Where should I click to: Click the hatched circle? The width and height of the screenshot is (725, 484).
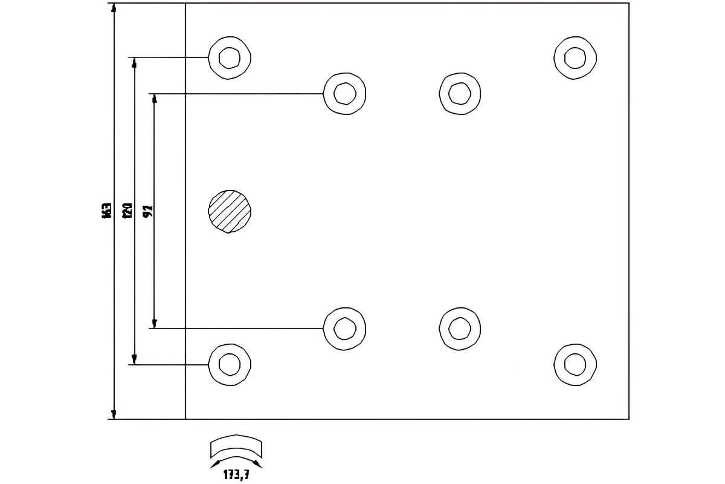tap(230, 211)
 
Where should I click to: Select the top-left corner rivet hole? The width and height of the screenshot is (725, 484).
tap(230, 57)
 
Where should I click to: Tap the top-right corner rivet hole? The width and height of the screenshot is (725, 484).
tap(575, 57)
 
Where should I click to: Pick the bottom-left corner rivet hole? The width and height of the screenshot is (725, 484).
tap(230, 364)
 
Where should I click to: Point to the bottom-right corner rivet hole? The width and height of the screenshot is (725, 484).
tap(575, 364)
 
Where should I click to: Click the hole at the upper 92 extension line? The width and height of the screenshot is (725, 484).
tap(344, 93)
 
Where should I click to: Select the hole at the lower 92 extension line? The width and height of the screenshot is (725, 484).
tap(344, 329)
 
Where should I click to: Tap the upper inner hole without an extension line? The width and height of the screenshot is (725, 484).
tap(460, 93)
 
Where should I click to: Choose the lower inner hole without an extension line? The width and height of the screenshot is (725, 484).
tap(460, 329)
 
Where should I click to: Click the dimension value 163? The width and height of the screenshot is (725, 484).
tap(107, 211)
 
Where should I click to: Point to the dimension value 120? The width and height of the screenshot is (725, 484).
tap(127, 210)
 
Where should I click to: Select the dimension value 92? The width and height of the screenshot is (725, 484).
tap(148, 211)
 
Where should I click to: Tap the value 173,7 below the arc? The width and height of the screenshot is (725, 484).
tap(236, 476)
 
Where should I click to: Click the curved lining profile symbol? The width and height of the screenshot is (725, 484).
tap(236, 448)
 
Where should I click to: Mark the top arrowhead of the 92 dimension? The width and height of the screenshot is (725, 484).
tap(154, 98)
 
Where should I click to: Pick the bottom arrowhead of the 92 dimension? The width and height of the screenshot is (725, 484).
tap(154, 324)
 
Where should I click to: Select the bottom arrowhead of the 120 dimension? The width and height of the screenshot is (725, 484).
tap(134, 360)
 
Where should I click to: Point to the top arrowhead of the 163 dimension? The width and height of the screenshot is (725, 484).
tap(114, 7)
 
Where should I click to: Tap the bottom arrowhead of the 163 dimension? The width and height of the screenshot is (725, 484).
tap(114, 414)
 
